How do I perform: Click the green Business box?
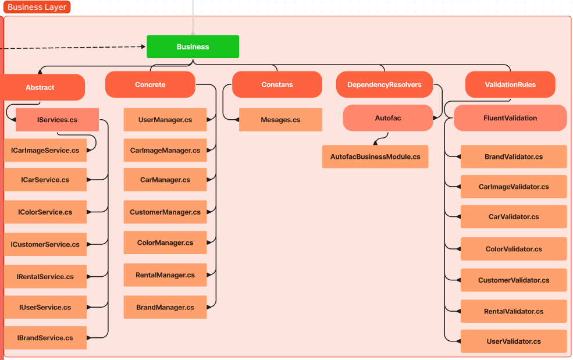(193, 47)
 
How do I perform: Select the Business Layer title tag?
(37, 8)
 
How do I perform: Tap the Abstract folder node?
(41, 87)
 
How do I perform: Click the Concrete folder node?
(150, 84)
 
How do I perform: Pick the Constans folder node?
(277, 84)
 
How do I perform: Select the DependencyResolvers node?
(384, 84)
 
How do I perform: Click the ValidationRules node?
(510, 84)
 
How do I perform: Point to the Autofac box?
(387, 118)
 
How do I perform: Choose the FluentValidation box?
(510, 118)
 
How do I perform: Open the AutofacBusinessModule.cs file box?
(375, 157)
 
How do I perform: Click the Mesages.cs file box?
(280, 120)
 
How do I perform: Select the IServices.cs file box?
(57, 120)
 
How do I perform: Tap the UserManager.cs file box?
(165, 120)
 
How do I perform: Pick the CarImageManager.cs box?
(165, 150)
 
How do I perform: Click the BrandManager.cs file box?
(165, 307)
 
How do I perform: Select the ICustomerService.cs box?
(45, 244)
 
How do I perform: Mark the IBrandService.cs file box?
(45, 338)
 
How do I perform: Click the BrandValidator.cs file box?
(514, 157)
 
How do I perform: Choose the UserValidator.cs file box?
(514, 341)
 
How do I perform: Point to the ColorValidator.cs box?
(514, 249)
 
